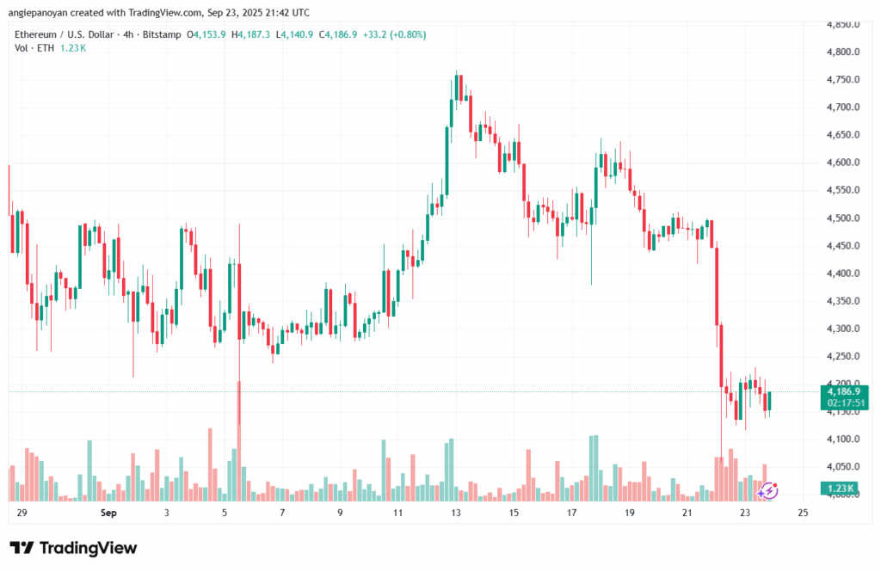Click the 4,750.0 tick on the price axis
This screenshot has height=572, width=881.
click(x=843, y=80)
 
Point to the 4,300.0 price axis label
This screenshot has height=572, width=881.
click(x=843, y=329)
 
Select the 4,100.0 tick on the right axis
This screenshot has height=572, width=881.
click(x=843, y=440)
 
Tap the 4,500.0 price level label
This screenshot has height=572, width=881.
click(x=843, y=218)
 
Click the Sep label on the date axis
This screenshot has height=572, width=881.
click(x=108, y=514)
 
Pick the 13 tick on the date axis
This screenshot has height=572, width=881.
click(x=456, y=514)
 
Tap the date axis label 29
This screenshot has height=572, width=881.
click(x=21, y=514)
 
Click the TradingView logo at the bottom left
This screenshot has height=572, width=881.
click(x=73, y=548)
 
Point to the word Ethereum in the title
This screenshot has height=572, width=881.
click(x=40, y=34)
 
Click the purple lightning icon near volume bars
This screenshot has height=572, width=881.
click(x=769, y=490)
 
